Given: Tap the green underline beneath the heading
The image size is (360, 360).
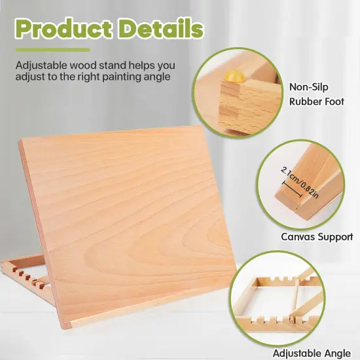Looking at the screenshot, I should tap(52, 50).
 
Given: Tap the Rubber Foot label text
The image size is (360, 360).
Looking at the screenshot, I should tap(317, 102).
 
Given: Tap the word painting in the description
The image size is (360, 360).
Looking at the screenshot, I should tap(108, 77).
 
